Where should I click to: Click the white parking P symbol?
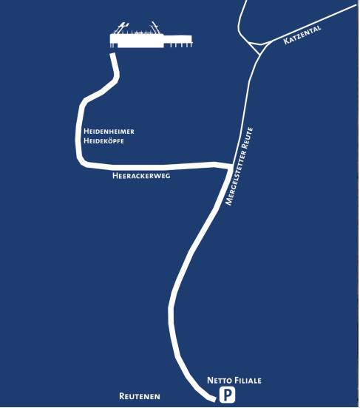pyautogui.click(x=227, y=395)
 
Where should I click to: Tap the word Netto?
pyautogui.click(x=220, y=381)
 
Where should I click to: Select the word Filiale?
pyautogui.click(x=248, y=381)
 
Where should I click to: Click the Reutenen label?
pyautogui.click(x=140, y=396)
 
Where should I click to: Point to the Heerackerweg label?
pyautogui.click(x=141, y=176)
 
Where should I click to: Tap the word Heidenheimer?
pyautogui.click(x=109, y=131)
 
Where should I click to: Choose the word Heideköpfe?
pyautogui.click(x=103, y=140)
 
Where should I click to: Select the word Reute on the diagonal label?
pyautogui.click(x=247, y=138)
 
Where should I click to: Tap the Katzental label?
pyautogui.click(x=302, y=35)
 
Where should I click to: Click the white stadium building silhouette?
pyautogui.click(x=151, y=41)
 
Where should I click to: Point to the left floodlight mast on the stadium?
pyautogui.click(x=120, y=28)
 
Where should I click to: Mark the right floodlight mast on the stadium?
pyautogui.click(x=157, y=28)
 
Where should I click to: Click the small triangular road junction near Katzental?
pyautogui.click(x=260, y=48)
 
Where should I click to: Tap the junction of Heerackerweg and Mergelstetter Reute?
pyautogui.click(x=231, y=167)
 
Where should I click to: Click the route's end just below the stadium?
pyautogui.click(x=112, y=55)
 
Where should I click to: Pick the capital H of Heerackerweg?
pyautogui.click(x=115, y=176)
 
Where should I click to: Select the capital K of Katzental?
pyautogui.click(x=285, y=41)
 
